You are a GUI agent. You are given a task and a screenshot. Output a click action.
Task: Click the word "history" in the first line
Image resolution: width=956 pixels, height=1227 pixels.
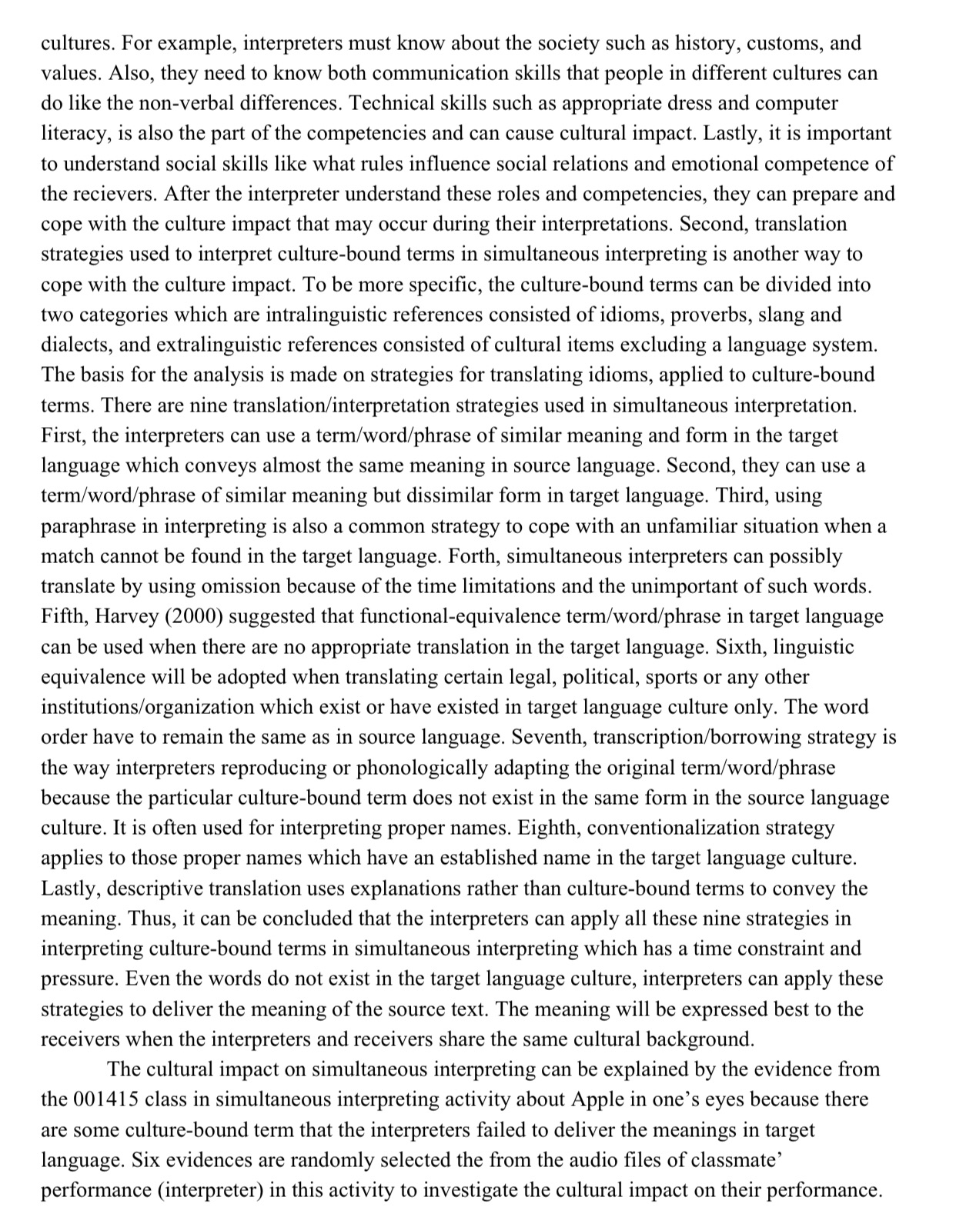pyautogui.click(x=703, y=43)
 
